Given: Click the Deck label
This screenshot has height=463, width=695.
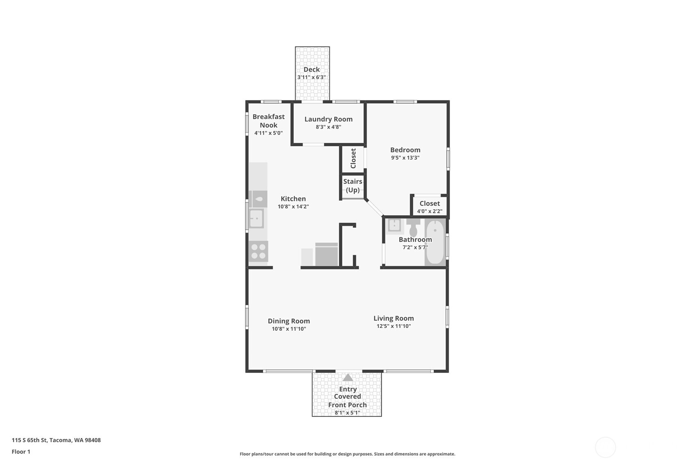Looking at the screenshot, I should [311, 70].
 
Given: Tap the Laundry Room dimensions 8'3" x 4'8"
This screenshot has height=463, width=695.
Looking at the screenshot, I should [328, 127].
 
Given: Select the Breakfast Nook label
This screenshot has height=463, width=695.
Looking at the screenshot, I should [268, 121].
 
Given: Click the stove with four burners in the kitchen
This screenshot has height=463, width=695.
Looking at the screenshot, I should [258, 251].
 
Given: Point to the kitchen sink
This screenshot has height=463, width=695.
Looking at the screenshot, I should [256, 218].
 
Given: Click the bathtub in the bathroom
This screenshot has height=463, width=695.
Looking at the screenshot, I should [435, 242].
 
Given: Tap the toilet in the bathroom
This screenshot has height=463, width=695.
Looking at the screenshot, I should [413, 228].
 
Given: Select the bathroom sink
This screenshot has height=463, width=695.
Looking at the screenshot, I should [394, 225].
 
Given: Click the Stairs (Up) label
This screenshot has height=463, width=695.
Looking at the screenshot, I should [353, 185].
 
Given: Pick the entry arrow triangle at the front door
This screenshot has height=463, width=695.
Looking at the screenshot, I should [348, 377].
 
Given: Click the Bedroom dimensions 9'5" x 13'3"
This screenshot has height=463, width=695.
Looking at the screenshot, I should [405, 158].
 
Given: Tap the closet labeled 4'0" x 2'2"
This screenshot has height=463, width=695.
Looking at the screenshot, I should [429, 207].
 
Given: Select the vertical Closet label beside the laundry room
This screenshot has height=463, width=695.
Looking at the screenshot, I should [353, 158].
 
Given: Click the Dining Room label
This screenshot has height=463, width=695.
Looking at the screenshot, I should [289, 321].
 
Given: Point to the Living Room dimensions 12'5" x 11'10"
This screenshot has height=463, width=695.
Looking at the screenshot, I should [394, 326].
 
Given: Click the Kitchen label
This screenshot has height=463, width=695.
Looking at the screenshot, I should [293, 199].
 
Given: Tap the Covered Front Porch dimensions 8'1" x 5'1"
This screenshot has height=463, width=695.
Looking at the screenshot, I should [347, 413].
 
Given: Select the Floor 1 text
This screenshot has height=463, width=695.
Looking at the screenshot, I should [21, 452].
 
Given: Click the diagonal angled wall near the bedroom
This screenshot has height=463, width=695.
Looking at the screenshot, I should [374, 208].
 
